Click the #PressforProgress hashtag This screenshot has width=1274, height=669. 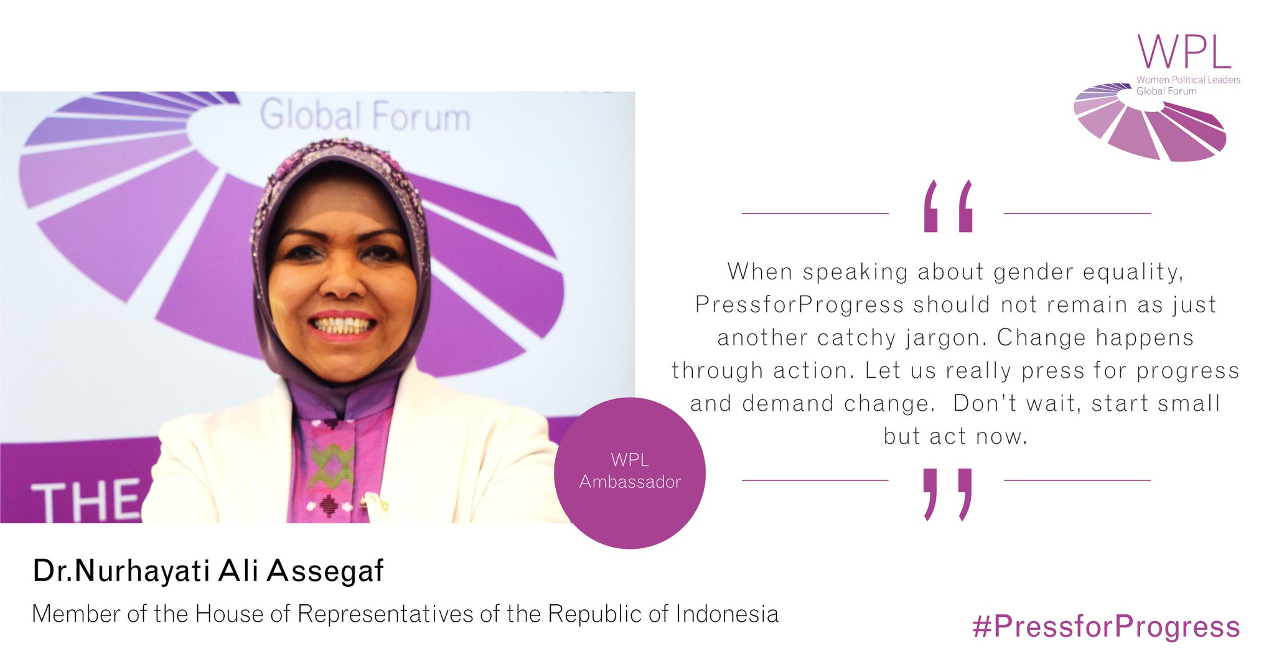tap(1106, 627)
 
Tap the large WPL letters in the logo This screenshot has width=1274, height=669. tap(1184, 52)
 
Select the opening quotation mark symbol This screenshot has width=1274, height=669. tap(948, 207)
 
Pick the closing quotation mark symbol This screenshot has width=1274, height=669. tap(948, 494)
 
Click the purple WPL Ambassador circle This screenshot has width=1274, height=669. tap(630, 473)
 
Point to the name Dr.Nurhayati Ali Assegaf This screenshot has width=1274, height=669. tap(208, 571)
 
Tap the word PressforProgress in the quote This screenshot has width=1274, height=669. tap(799, 305)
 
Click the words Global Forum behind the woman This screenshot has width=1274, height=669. tap(365, 116)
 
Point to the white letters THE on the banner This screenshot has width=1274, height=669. tap(87, 501)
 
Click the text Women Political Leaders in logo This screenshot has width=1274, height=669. tap(1188, 80)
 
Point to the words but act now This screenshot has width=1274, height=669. tap(955, 436)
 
